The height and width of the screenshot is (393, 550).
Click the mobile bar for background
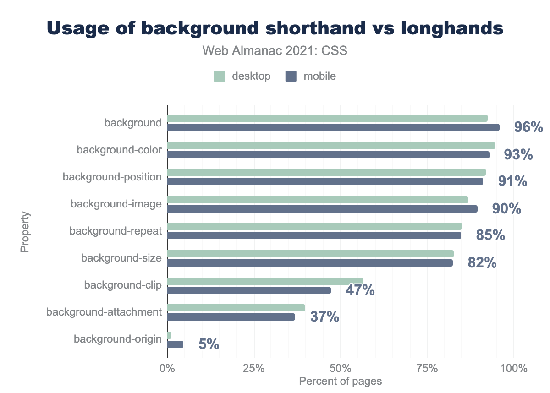click(333, 127)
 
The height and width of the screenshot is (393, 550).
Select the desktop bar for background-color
click(331, 146)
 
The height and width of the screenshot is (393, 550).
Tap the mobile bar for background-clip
click(249, 290)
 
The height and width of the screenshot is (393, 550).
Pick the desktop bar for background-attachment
click(236, 308)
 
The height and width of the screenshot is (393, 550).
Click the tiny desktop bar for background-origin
click(169, 335)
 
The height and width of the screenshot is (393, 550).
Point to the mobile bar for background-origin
click(175, 344)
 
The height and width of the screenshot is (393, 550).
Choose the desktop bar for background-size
click(310, 254)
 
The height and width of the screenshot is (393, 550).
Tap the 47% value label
click(360, 290)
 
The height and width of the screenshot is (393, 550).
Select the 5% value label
click(209, 344)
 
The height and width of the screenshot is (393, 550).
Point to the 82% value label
click(482, 263)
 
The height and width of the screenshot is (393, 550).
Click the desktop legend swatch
click(220, 76)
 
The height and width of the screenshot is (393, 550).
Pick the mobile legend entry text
click(319, 76)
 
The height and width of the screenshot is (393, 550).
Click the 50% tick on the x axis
click(341, 368)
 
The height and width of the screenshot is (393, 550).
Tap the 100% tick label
click(514, 368)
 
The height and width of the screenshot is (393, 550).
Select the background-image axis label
click(116, 204)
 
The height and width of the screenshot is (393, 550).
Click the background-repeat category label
click(115, 231)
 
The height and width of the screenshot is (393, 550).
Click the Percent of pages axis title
click(340, 381)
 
